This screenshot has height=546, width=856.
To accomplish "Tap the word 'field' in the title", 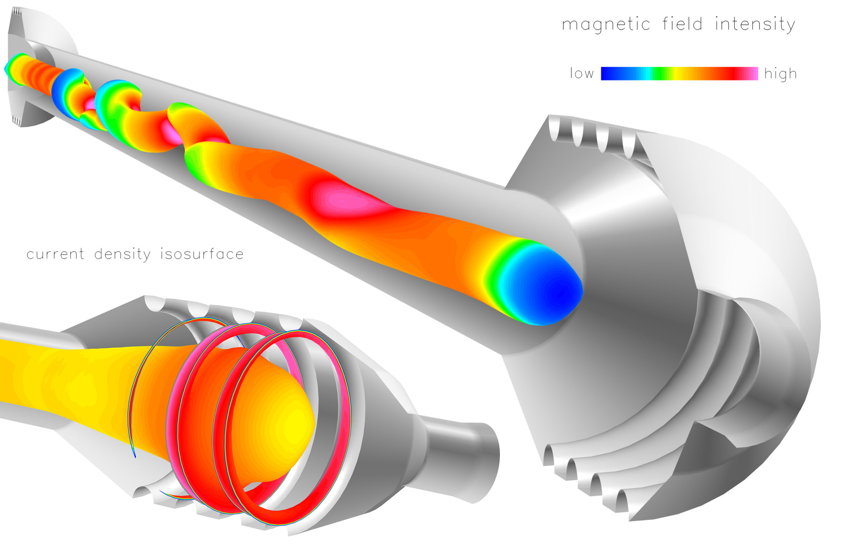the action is tap(682, 24).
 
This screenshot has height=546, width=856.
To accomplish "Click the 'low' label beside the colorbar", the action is tap(581, 73).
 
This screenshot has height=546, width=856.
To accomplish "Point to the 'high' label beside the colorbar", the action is tap(781, 74).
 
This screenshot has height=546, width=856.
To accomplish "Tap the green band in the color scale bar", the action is tap(660, 74).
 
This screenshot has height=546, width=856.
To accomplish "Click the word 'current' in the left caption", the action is tap(56, 254).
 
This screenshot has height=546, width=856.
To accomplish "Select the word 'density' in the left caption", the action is tap(123, 255).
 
